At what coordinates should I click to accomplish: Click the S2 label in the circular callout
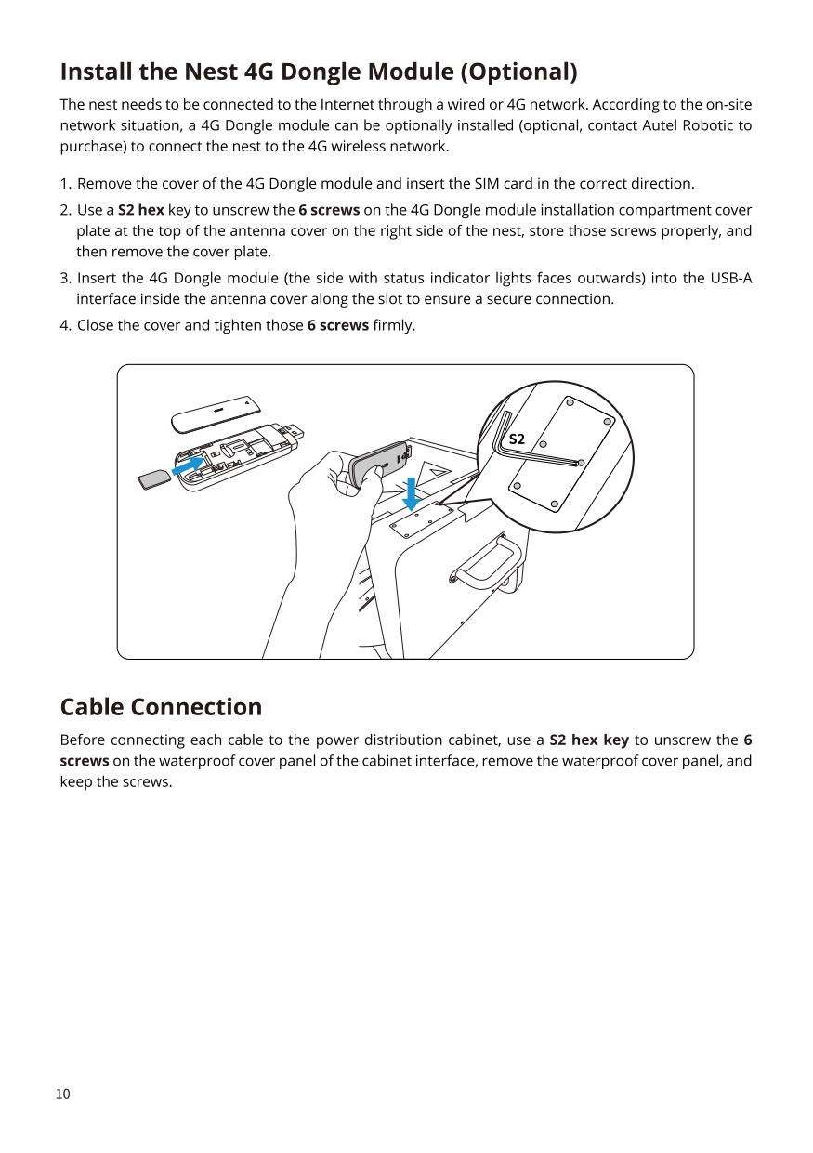click(517, 439)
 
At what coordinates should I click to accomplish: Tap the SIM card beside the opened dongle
click(153, 479)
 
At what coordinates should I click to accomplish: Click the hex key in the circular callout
click(539, 455)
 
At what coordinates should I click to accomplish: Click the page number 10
click(63, 1094)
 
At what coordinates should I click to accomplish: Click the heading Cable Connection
click(161, 707)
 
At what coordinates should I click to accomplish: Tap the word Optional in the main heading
click(518, 72)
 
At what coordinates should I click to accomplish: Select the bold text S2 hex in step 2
click(141, 210)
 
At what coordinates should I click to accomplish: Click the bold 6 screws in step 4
click(337, 325)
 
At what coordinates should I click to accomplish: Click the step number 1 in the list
click(64, 183)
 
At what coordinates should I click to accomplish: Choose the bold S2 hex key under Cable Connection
click(589, 740)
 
